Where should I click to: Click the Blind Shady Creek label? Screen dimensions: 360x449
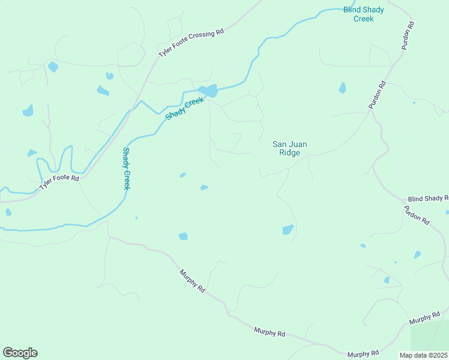coord(363,14)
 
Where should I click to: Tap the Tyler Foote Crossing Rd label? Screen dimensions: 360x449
coord(190,43)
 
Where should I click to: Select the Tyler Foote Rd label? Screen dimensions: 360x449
coord(59,182)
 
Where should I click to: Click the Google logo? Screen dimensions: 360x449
coord(20,353)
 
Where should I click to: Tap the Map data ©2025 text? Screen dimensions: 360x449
coord(424,355)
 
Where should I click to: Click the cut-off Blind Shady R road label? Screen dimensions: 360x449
coord(427,198)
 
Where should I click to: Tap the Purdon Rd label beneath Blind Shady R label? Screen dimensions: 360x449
coord(417,215)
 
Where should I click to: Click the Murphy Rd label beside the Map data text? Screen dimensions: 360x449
coord(363,353)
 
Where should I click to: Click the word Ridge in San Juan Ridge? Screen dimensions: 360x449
coord(289,152)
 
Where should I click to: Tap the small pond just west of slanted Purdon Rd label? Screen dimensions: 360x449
coord(342,88)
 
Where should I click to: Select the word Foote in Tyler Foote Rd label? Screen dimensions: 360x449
coord(59,182)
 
